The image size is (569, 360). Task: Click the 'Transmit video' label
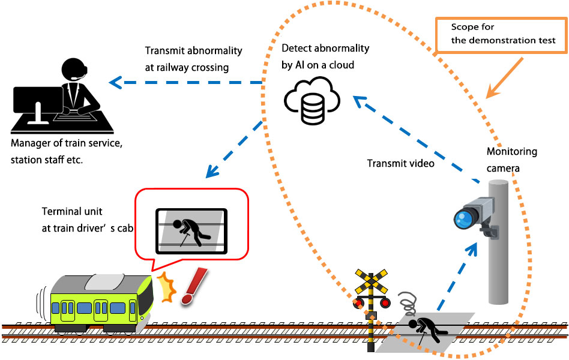[x=400, y=163]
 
